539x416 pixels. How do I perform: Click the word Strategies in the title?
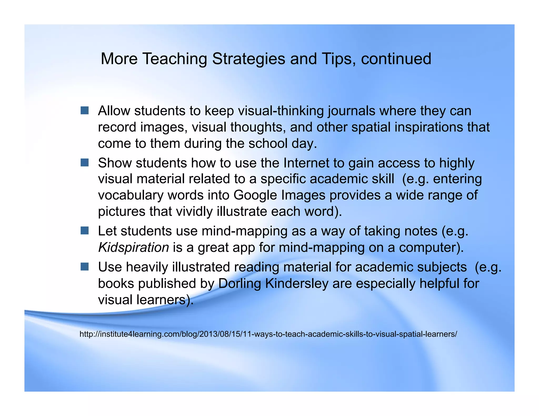click(x=248, y=59)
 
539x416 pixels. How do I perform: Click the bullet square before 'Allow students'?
click(x=84, y=110)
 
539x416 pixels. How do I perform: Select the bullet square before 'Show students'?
click(x=84, y=163)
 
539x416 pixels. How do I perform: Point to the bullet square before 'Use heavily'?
click(x=84, y=267)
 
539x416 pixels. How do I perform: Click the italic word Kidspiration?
click(x=133, y=247)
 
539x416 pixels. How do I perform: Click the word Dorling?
click(x=239, y=283)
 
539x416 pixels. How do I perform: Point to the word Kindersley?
click(x=297, y=283)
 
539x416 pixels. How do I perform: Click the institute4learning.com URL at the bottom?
click(x=268, y=334)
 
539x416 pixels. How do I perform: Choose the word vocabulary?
click(x=131, y=195)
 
